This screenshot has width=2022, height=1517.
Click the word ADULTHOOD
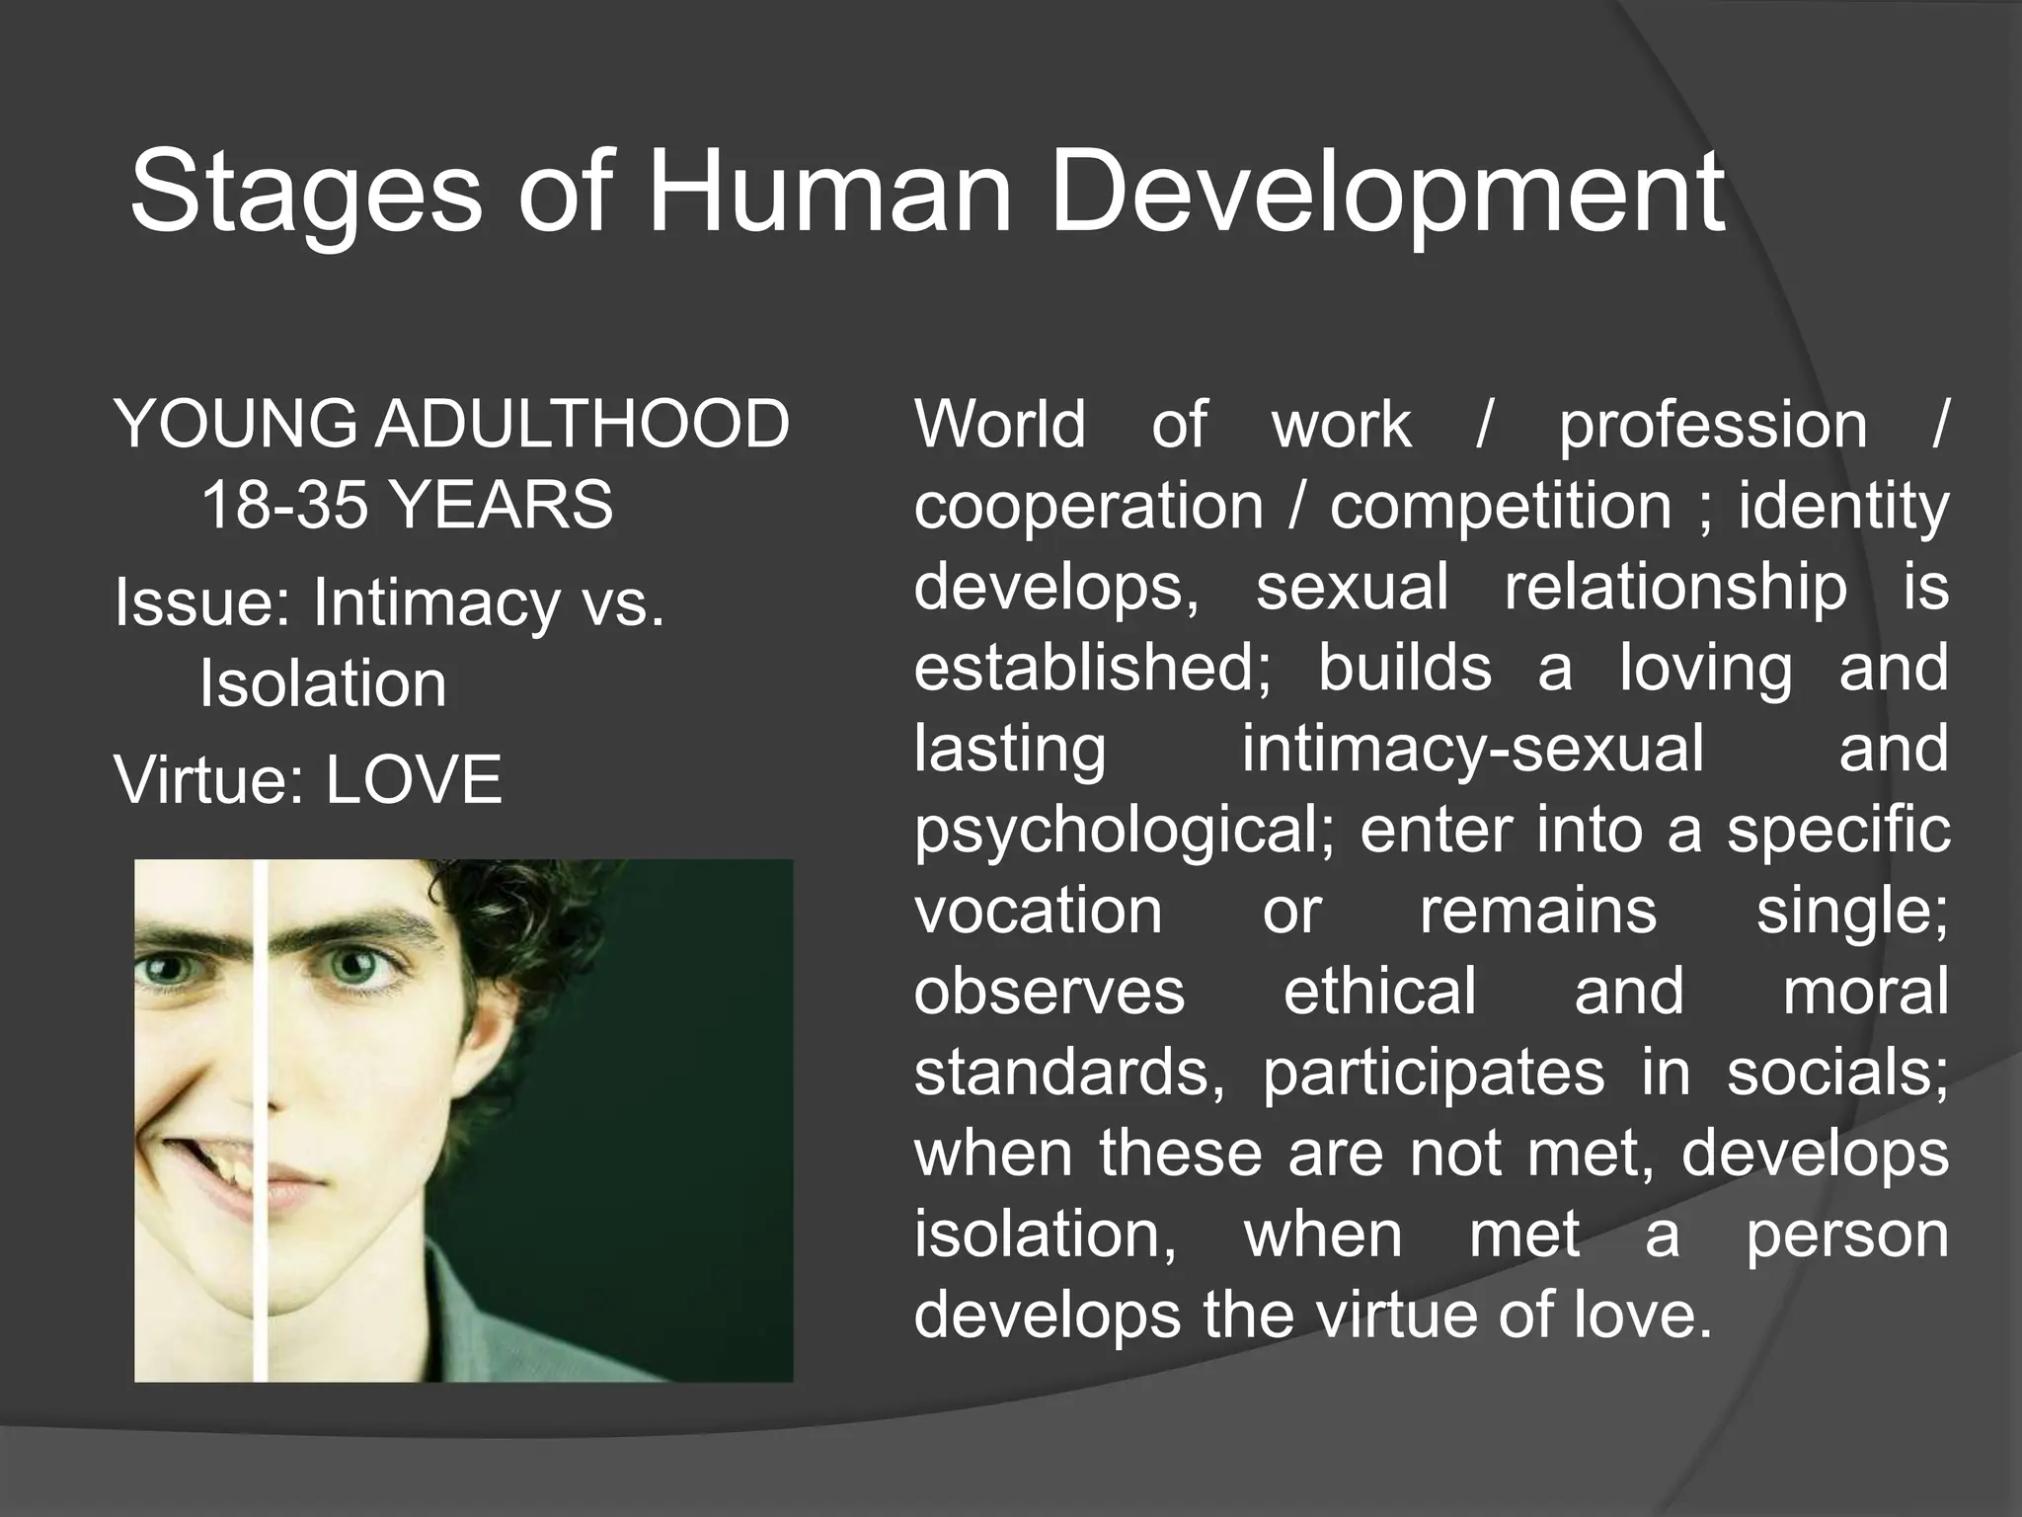click(582, 424)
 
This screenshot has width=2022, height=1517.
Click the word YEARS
click(501, 505)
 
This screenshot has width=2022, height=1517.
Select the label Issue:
click(203, 601)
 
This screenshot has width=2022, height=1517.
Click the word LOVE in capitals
click(414, 779)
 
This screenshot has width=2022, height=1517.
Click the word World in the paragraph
click(1000, 424)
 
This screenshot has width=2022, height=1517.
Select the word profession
click(1713, 426)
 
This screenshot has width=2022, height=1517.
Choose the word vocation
click(1038, 911)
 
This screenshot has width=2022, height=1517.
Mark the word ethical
click(1379, 991)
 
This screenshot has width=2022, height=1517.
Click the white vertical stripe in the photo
click(261, 1120)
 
